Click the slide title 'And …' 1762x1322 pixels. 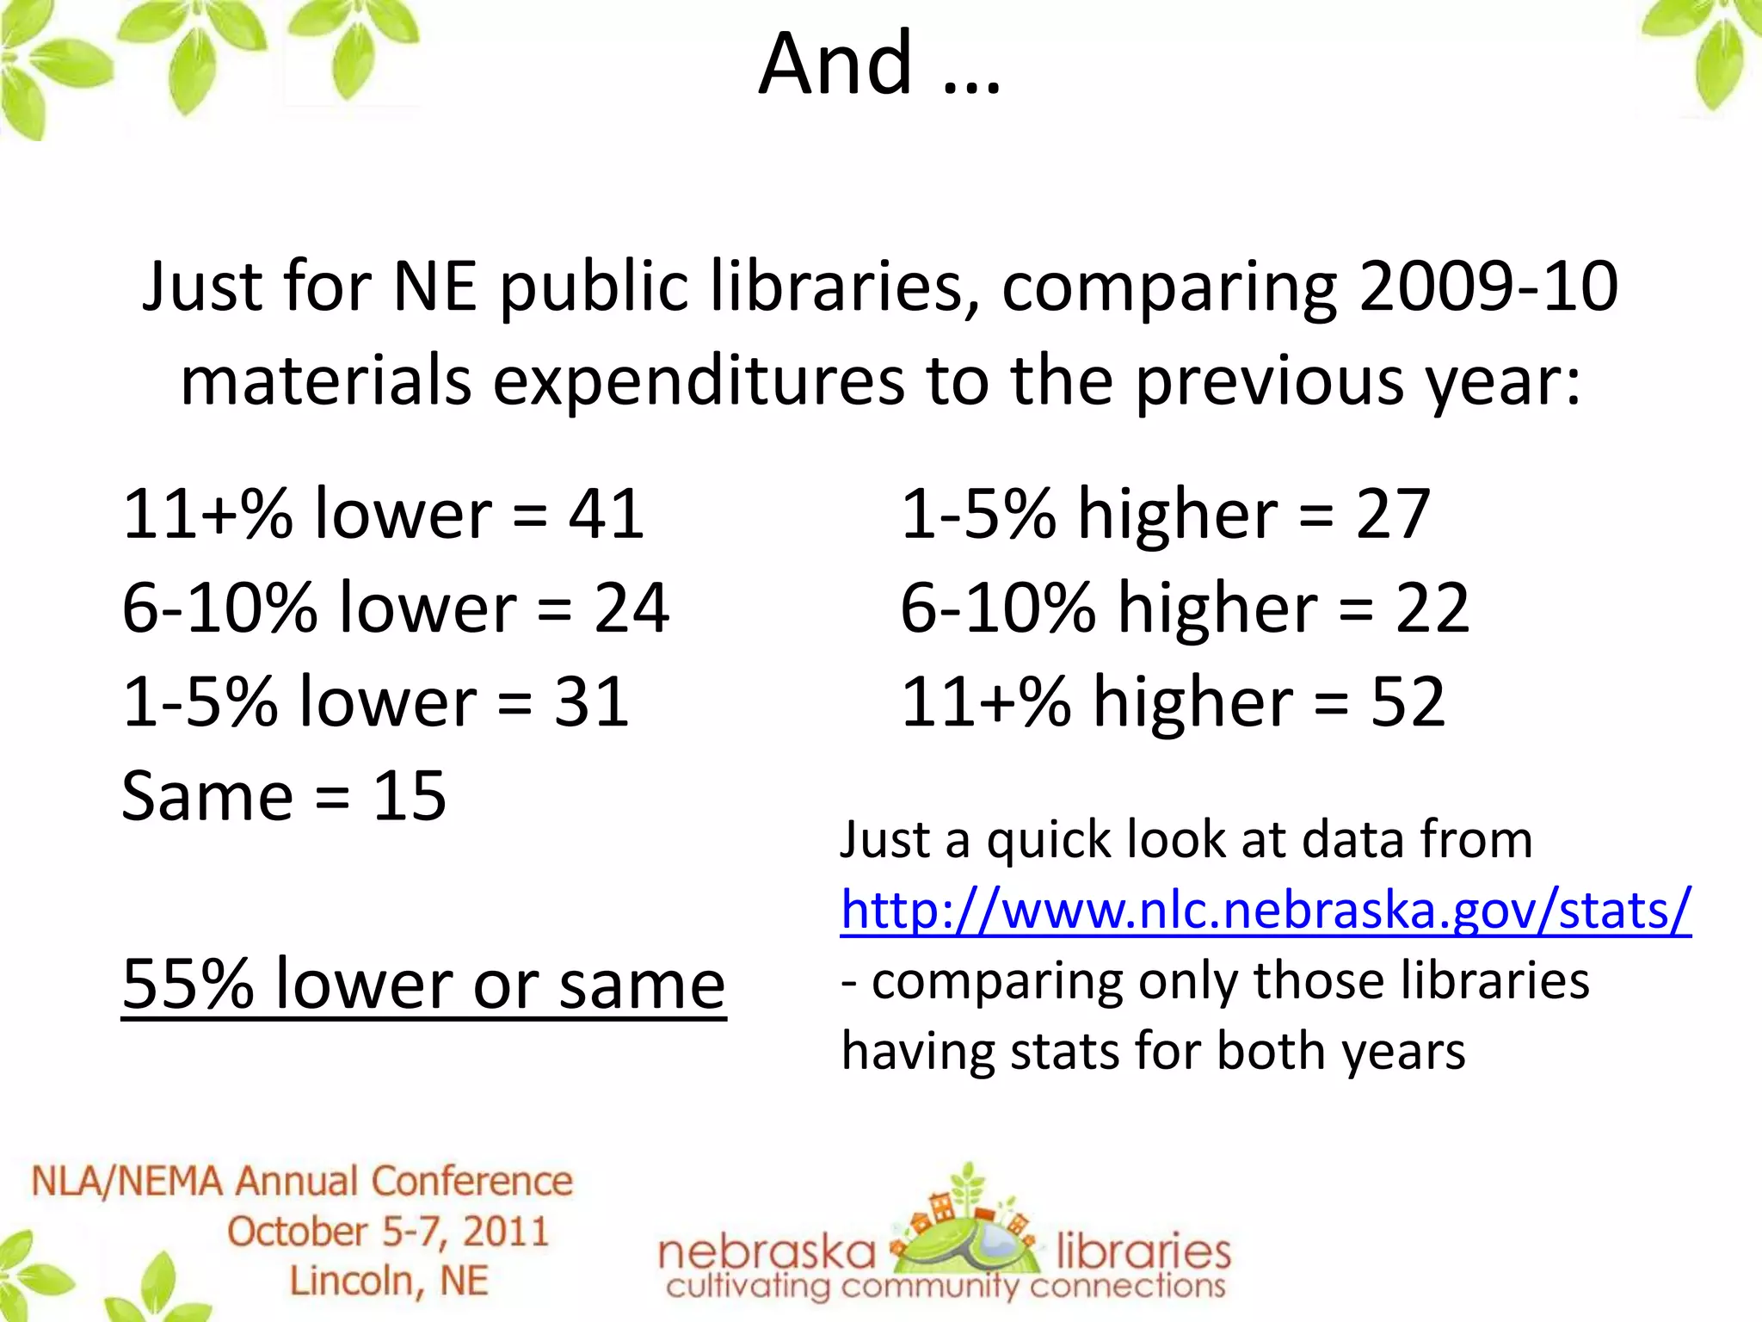(879, 64)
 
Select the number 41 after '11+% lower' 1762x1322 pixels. (606, 514)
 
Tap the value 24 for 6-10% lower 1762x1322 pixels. (631, 608)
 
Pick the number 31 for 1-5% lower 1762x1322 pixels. (592, 701)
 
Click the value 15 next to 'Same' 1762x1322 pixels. (410, 795)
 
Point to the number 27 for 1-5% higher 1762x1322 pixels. (1393, 514)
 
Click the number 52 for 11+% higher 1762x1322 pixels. (1408, 701)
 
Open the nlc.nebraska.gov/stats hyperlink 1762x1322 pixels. (1266, 910)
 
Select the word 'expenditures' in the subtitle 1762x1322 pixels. (698, 380)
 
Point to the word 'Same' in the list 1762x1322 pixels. (207, 795)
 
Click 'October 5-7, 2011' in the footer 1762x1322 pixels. (388, 1232)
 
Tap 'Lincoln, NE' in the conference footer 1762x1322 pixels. (388, 1281)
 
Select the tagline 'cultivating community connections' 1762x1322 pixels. (945, 1287)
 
